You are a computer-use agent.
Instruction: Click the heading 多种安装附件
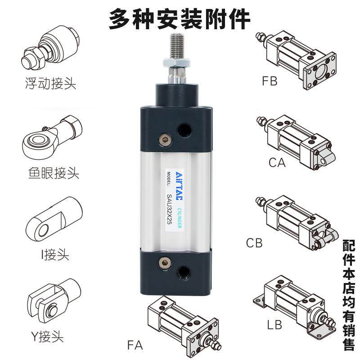click(180, 19)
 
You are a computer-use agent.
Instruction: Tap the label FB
click(270, 81)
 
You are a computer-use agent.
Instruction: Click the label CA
click(277, 162)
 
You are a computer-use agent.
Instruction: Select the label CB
click(254, 243)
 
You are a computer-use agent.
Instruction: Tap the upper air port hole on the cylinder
click(184, 131)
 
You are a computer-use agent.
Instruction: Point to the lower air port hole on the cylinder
click(184, 271)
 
